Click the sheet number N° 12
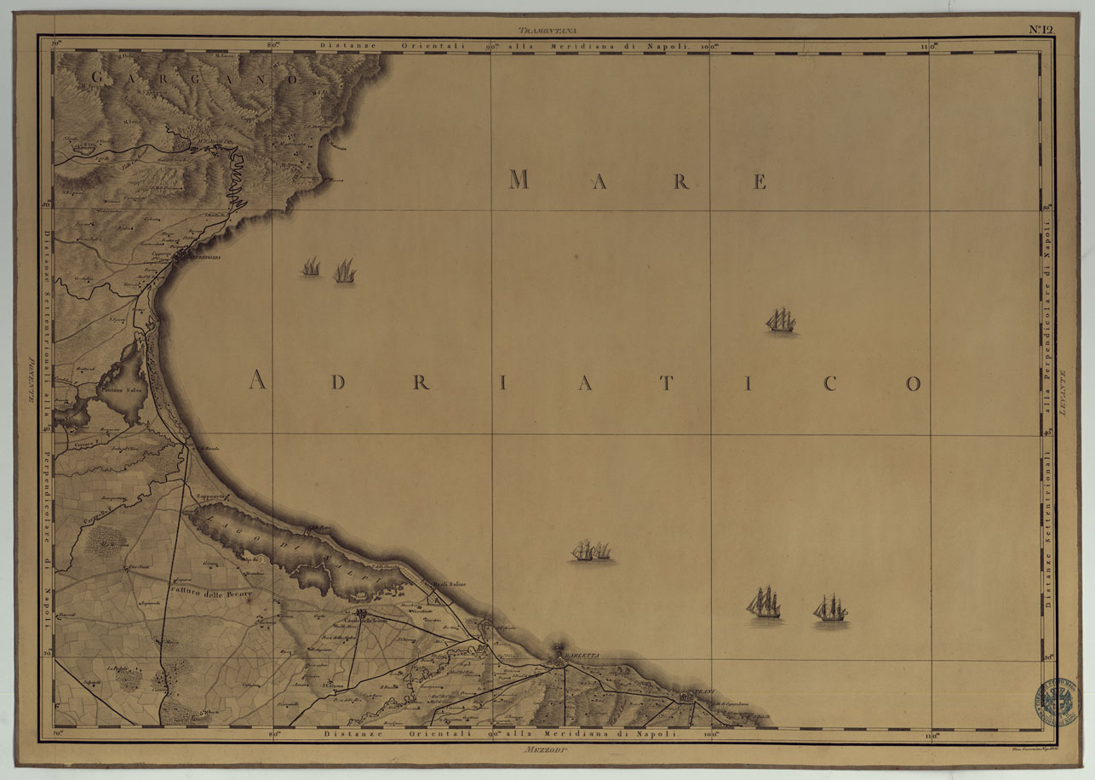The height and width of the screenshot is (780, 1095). click(1041, 29)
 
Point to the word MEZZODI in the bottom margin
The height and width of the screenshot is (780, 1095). click(547, 749)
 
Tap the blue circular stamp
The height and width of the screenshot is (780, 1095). click(1056, 700)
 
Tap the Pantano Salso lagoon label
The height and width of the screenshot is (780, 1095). click(123, 389)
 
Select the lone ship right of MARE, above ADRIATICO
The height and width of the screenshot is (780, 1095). click(781, 321)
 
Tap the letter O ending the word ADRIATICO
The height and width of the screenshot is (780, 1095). click(913, 383)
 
